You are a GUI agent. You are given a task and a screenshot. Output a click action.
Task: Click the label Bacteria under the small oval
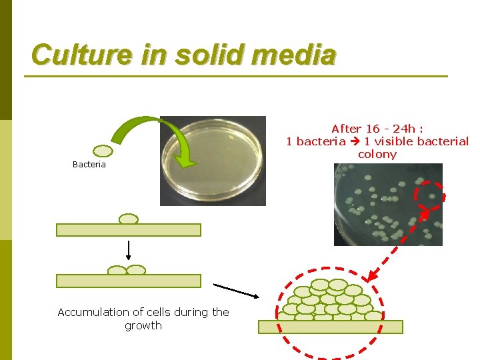pos(89,165)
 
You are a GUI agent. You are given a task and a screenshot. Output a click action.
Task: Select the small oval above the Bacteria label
pos(102,151)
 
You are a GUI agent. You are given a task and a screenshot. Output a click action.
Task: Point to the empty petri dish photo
pos(213,160)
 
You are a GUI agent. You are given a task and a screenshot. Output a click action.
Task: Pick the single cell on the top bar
pos(128,219)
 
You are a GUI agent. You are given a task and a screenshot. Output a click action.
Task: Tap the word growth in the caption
pos(143,325)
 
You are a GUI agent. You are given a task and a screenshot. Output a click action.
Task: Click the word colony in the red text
pos(377,154)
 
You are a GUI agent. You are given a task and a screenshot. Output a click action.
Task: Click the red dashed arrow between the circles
pos(399,247)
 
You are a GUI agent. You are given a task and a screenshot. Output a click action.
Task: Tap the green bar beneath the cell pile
pos(331,327)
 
